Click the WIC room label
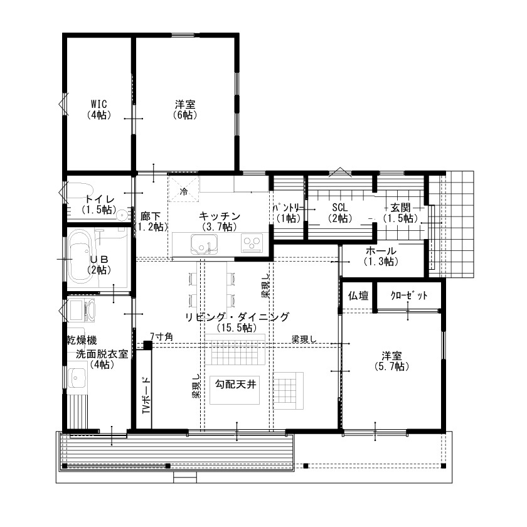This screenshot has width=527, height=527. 97,109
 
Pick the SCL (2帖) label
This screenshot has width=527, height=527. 339,211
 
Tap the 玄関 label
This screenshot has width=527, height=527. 400,211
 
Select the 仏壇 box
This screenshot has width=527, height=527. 358,296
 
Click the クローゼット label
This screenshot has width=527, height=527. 408,296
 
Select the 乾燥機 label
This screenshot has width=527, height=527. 82,339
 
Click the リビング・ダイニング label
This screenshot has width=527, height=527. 237,321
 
